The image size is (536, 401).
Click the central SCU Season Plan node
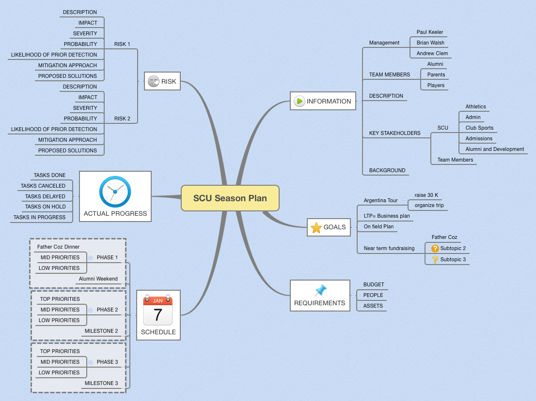coord(230,198)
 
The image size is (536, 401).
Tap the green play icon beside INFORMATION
coord(299,101)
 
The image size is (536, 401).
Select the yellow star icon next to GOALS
coord(316,227)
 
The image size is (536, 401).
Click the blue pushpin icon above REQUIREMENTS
coord(321,290)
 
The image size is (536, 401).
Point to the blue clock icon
coord(115,192)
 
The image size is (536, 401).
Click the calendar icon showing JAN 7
coord(158,310)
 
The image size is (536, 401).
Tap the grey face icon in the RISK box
coord(154,81)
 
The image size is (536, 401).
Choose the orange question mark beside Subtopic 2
coord(435,249)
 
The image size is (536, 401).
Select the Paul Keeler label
coord(430,32)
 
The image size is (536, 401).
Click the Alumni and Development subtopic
coord(495,149)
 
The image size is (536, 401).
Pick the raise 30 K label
coord(426,195)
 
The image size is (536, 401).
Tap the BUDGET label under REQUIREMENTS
coord(374,284)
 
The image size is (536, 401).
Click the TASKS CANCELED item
coord(43,186)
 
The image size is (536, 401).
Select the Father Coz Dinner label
coord(59,247)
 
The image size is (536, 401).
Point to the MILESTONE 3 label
coord(101,383)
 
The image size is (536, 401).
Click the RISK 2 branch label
coord(122,119)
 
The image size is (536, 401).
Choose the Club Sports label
coord(479,128)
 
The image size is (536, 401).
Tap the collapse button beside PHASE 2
coord(91,310)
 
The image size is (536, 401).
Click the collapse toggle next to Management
coord(407,43)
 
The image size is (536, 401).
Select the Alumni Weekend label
coord(98,279)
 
